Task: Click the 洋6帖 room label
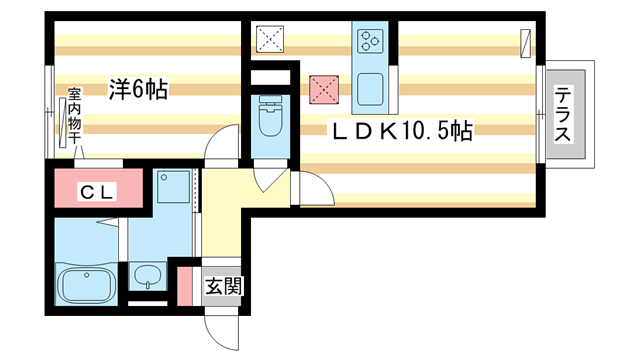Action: pyautogui.click(x=138, y=90)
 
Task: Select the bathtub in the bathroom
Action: pyautogui.click(x=88, y=285)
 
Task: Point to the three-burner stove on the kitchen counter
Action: pyautogui.click(x=370, y=41)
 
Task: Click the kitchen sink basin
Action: pyautogui.click(x=372, y=87)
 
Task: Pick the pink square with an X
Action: pyautogui.click(x=324, y=90)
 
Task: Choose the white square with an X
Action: pyautogui.click(x=270, y=40)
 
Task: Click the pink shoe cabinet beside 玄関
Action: pyautogui.click(x=185, y=286)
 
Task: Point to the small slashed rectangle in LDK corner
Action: pyautogui.click(x=527, y=43)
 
